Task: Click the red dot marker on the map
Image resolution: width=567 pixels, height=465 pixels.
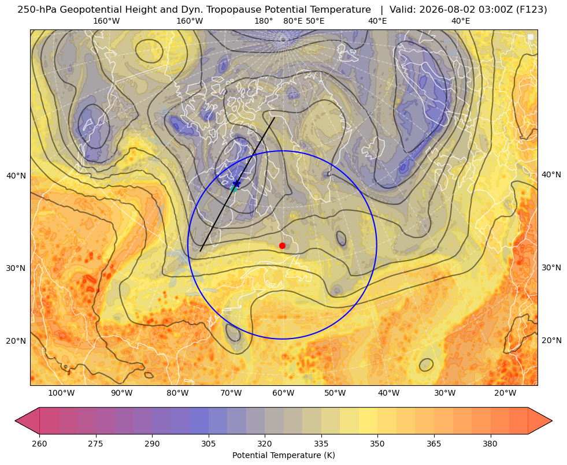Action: point(283,245)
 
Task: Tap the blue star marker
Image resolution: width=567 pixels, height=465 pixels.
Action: point(237,184)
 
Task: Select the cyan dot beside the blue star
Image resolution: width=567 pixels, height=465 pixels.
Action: point(234,189)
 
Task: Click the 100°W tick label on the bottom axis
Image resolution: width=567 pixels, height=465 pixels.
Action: point(61,393)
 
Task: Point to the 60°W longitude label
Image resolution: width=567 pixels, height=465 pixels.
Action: point(283,393)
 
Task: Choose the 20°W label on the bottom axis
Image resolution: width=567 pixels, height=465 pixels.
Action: point(505,393)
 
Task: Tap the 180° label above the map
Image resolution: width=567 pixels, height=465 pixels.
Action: point(264,21)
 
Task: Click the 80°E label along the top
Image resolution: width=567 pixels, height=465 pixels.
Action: point(292,21)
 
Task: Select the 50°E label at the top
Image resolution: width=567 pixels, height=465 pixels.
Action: point(315,21)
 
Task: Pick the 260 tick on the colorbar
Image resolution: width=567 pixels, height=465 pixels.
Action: point(39,444)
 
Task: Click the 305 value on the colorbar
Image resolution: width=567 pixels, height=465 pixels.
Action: point(209,444)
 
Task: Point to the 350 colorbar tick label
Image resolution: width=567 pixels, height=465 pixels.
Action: point(377,444)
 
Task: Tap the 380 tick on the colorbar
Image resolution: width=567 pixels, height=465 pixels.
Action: point(490,444)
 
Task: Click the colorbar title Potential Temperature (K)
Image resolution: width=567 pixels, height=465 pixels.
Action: point(283,455)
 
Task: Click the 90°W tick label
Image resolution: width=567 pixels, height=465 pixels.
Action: point(121,393)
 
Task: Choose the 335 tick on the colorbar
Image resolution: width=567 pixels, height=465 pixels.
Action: point(321,444)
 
